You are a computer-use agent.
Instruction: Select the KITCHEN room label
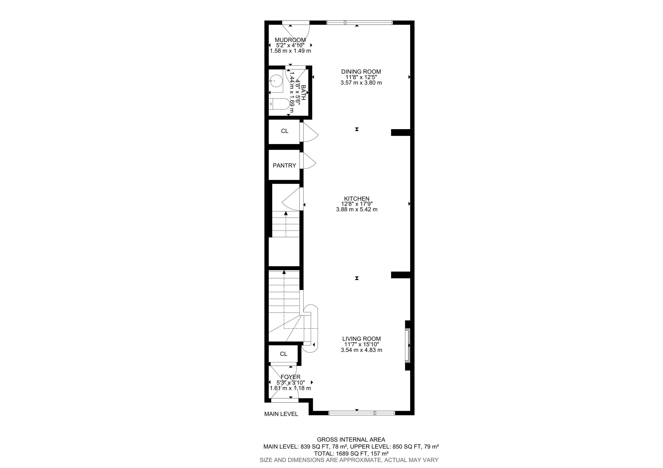pos(357,198)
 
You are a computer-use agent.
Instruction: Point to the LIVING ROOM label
pos(361,339)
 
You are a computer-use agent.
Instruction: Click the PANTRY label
pos(284,166)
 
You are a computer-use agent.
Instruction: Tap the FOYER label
pos(290,377)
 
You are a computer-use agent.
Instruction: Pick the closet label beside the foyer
pos(284,354)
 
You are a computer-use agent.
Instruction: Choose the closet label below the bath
pos(285,131)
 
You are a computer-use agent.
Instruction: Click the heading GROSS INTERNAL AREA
pos(351,440)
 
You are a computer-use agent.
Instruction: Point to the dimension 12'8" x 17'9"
pos(357,204)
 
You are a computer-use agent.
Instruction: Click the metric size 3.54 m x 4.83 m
pos(361,350)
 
